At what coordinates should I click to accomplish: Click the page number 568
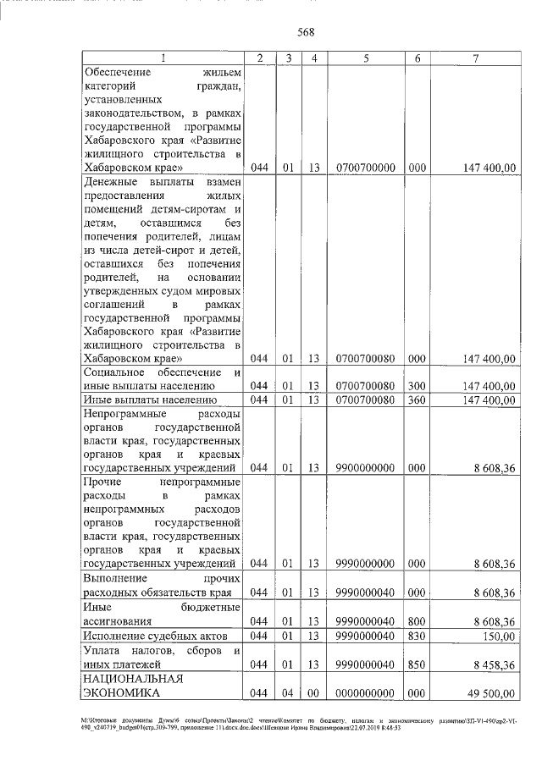(x=307, y=33)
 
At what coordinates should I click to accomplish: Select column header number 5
(x=366, y=58)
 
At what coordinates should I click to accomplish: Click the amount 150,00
(x=499, y=636)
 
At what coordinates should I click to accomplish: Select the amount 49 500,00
(x=491, y=694)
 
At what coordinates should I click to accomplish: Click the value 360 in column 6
(x=417, y=400)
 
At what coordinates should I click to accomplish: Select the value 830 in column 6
(x=417, y=636)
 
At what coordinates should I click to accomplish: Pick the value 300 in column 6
(x=417, y=386)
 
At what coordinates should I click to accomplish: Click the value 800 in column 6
(x=417, y=621)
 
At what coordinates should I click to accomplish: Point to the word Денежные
(x=112, y=182)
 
